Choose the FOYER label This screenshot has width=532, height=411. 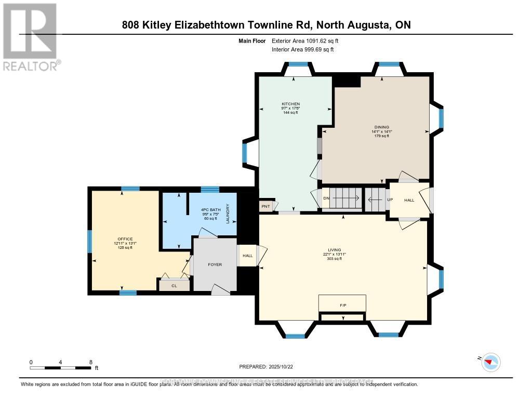pyautogui.click(x=215, y=264)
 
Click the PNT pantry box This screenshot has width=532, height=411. pyautogui.click(x=266, y=206)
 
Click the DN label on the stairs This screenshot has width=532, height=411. pyautogui.click(x=326, y=198)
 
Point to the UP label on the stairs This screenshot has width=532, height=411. pyautogui.click(x=389, y=200)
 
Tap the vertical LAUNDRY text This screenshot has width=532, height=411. pyautogui.click(x=228, y=214)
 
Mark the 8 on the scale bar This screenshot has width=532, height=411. pyautogui.click(x=90, y=362)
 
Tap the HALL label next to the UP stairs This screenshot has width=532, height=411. pyautogui.click(x=409, y=200)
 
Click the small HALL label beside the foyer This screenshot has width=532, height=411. pyautogui.click(x=247, y=256)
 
